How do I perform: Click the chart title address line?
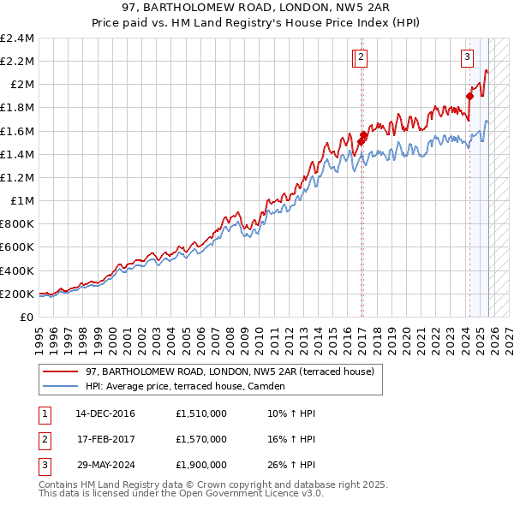[257, 8]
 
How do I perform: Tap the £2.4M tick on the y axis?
[19, 39]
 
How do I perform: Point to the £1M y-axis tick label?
[23, 201]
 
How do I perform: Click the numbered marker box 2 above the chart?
[361, 57]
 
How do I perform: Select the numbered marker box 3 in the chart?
[467, 57]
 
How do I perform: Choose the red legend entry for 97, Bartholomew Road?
[230, 372]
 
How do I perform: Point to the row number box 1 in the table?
[45, 413]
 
